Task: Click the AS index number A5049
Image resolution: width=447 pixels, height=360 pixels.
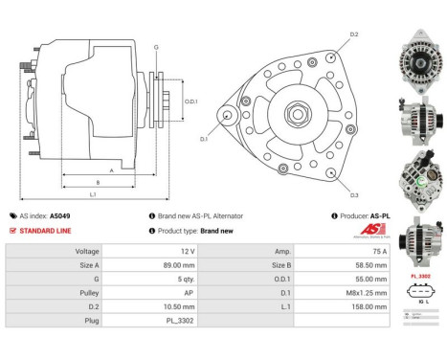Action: coord(59,216)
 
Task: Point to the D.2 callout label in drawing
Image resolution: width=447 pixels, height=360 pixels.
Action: coord(353,34)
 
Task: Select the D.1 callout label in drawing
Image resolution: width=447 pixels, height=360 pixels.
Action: coord(203,139)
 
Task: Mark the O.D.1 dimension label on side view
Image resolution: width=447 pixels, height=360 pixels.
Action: coord(190,101)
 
